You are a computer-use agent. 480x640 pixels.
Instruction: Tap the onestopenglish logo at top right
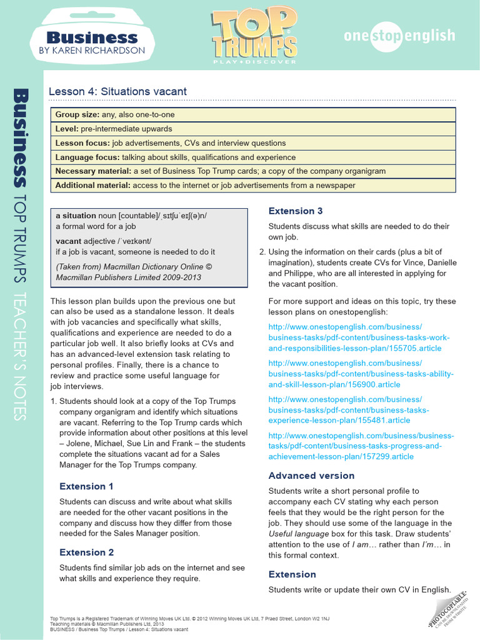(399, 36)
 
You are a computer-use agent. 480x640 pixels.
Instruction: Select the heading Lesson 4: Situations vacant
(117, 91)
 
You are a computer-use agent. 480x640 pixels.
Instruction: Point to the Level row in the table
(67, 129)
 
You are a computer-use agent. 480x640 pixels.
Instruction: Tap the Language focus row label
(87, 157)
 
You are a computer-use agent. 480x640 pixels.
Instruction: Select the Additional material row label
(92, 185)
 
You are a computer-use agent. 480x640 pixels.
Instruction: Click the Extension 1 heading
(86, 486)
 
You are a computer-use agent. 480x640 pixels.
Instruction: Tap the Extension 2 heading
(86, 552)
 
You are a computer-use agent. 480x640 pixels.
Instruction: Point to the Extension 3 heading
(296, 211)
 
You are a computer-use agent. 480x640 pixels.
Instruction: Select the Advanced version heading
(311, 476)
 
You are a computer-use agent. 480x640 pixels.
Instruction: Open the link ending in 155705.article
(359, 337)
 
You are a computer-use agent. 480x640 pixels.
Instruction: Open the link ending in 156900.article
(361, 374)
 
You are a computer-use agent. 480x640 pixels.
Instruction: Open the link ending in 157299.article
(361, 446)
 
